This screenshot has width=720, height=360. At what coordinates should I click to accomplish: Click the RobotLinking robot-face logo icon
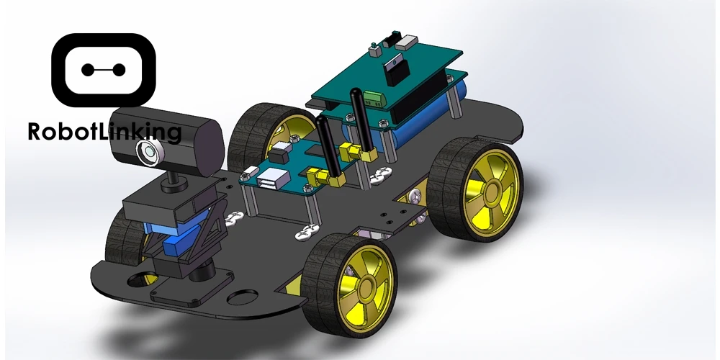point(104,70)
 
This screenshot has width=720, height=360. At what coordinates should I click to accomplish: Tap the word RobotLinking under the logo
point(104,132)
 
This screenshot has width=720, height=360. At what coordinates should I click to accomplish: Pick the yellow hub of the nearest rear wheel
point(491,191)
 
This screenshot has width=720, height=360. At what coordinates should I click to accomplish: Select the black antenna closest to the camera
point(328,147)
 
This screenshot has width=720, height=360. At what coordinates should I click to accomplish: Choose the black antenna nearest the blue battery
point(361,120)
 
